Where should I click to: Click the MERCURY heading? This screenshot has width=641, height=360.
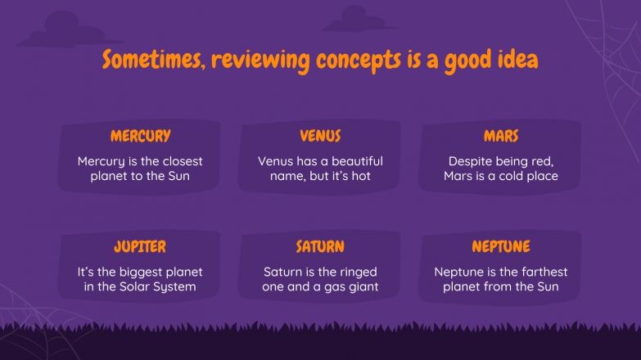[140, 136]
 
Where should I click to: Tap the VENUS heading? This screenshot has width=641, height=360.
[320, 136]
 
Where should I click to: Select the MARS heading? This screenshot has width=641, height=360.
[500, 136]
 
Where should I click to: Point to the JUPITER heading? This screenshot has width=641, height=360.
[140, 246]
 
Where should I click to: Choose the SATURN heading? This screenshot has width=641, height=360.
[320, 246]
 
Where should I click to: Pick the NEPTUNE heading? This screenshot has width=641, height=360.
[500, 246]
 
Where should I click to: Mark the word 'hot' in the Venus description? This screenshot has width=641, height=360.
[372, 176]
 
